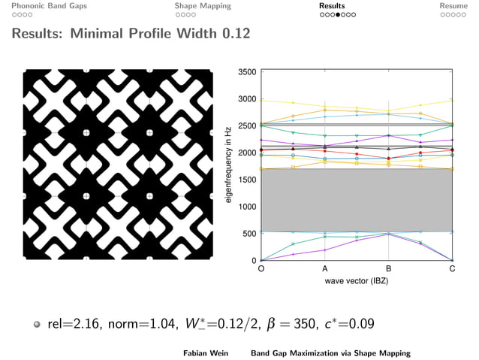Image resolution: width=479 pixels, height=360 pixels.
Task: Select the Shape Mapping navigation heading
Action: tap(203, 5)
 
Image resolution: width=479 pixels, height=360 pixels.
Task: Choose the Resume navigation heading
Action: tap(458, 5)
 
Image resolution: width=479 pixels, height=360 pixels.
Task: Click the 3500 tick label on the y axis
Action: tap(246, 72)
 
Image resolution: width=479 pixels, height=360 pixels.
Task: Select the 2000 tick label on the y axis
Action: tap(246, 153)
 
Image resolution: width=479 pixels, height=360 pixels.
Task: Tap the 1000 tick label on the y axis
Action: tap(246, 207)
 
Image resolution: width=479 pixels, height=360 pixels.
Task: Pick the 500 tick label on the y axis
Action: tap(249, 234)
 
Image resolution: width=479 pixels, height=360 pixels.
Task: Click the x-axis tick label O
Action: tap(261, 269)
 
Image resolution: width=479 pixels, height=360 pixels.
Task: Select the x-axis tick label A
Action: tap(325, 269)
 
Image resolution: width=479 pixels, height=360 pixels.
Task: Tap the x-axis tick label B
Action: tap(389, 269)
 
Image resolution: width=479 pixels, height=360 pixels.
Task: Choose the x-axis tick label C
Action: tap(452, 269)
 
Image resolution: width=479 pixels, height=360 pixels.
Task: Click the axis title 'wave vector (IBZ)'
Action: tap(357, 280)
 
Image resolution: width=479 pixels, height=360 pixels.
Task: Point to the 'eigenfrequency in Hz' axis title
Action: tap(230, 166)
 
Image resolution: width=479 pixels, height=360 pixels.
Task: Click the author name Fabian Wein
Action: tap(206, 352)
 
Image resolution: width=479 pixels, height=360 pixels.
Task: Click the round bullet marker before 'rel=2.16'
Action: tap(36, 325)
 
